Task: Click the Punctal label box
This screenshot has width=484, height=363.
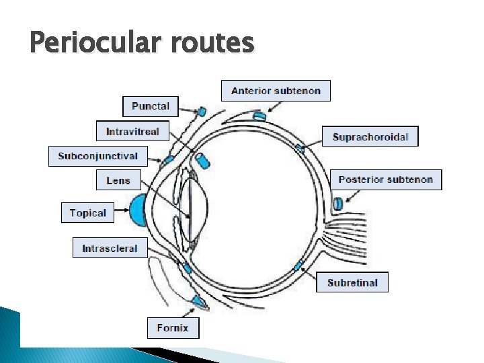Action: tap(151, 106)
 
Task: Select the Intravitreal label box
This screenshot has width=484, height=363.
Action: tap(132, 131)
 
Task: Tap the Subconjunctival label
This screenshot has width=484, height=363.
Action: tap(97, 156)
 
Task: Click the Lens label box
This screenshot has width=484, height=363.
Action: tap(118, 180)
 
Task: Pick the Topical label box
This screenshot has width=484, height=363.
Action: tap(87, 213)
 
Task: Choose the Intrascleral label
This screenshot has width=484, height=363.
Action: tap(110, 248)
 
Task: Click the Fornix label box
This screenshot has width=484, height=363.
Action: tap(173, 328)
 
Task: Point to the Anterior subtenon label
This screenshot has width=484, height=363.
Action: tap(276, 91)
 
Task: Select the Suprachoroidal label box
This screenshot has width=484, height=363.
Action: tap(370, 136)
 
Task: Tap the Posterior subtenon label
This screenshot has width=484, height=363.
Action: tap(386, 179)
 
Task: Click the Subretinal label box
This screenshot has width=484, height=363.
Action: tap(352, 282)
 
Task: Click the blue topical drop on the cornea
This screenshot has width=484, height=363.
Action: tap(139, 210)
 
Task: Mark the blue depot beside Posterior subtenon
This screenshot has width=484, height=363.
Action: tap(338, 202)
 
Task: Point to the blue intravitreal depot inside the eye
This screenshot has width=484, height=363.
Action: tap(203, 161)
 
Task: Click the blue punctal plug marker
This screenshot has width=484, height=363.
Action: tap(202, 112)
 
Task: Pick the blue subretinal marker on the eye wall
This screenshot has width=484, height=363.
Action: tap(298, 265)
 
